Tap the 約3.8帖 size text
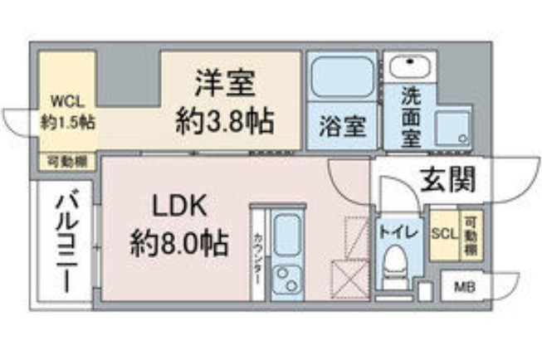[225, 122]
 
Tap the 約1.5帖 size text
[67, 121]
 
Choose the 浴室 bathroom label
[342, 129]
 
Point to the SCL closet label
[445, 233]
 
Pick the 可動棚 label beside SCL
[470, 234]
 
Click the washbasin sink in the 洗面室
[406, 65]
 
